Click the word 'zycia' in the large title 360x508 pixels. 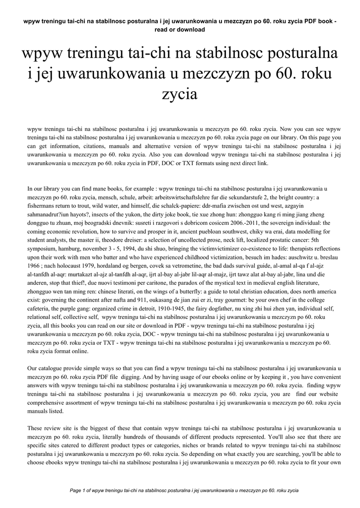(x=180, y=94)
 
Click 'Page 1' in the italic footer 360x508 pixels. (x=80, y=491)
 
